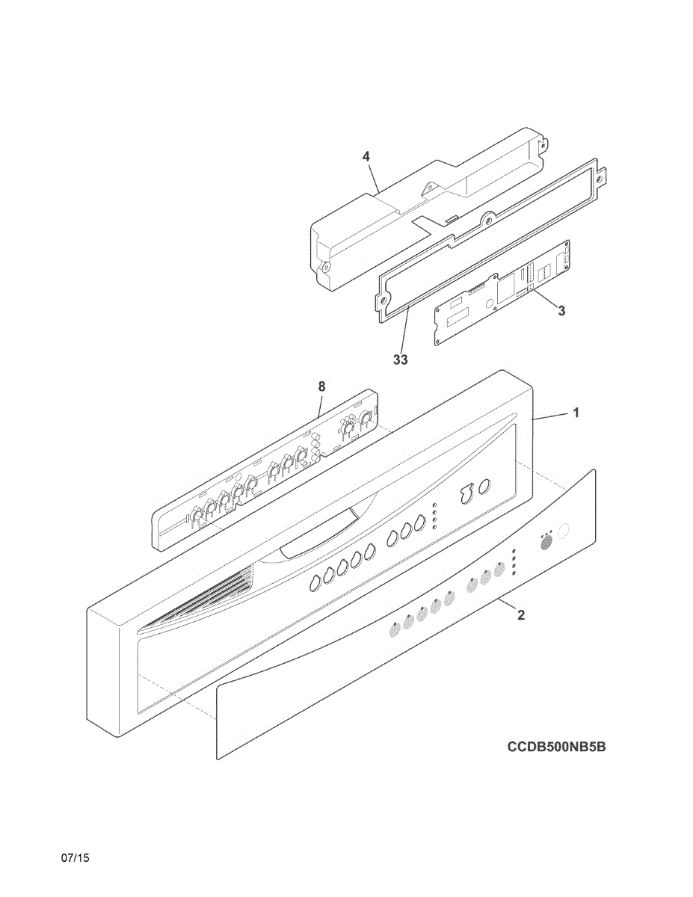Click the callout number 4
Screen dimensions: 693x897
[366, 156]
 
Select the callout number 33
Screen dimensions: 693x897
[401, 360]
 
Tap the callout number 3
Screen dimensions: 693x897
[561, 311]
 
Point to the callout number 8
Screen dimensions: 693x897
[321, 386]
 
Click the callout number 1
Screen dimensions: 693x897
[576, 412]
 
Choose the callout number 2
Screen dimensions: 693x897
[521, 615]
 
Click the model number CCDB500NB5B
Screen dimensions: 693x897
[556, 746]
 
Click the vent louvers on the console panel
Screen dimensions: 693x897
[202, 598]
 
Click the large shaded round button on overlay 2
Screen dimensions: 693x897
[546, 541]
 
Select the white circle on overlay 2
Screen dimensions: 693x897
[563, 531]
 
